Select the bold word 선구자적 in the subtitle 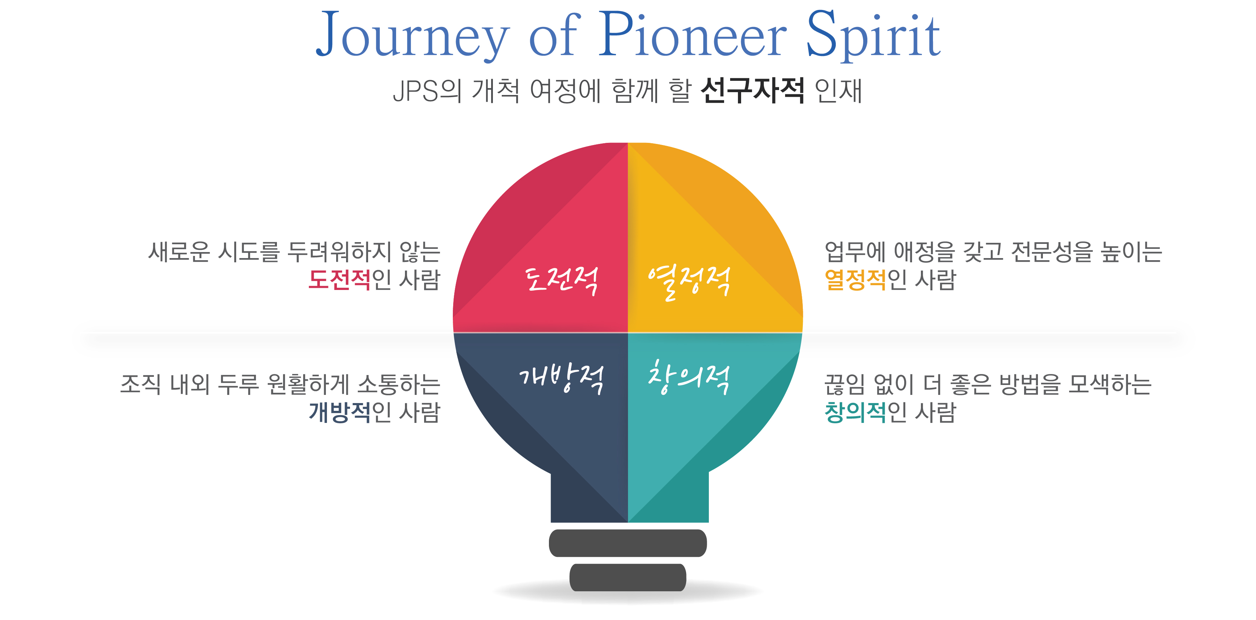pos(752,91)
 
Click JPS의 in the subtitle pos(427,91)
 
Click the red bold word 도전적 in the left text pos(339,280)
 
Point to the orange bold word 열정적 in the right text pos(855,280)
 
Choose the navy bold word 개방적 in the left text pos(339,412)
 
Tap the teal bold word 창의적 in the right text pos(855,412)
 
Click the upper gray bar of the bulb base pos(628,543)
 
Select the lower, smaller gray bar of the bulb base pos(628,577)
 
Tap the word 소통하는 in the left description pos(399,384)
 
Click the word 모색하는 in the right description pos(1110,384)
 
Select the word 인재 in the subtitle pos(839,91)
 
